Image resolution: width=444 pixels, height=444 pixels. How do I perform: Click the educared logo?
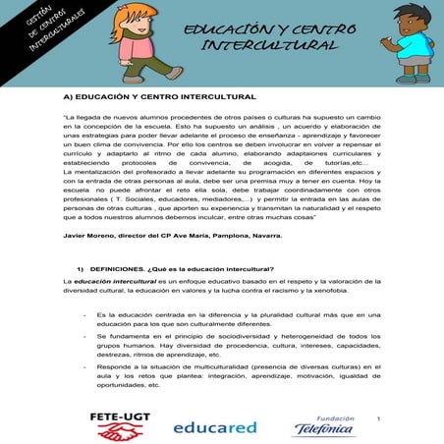214,428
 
